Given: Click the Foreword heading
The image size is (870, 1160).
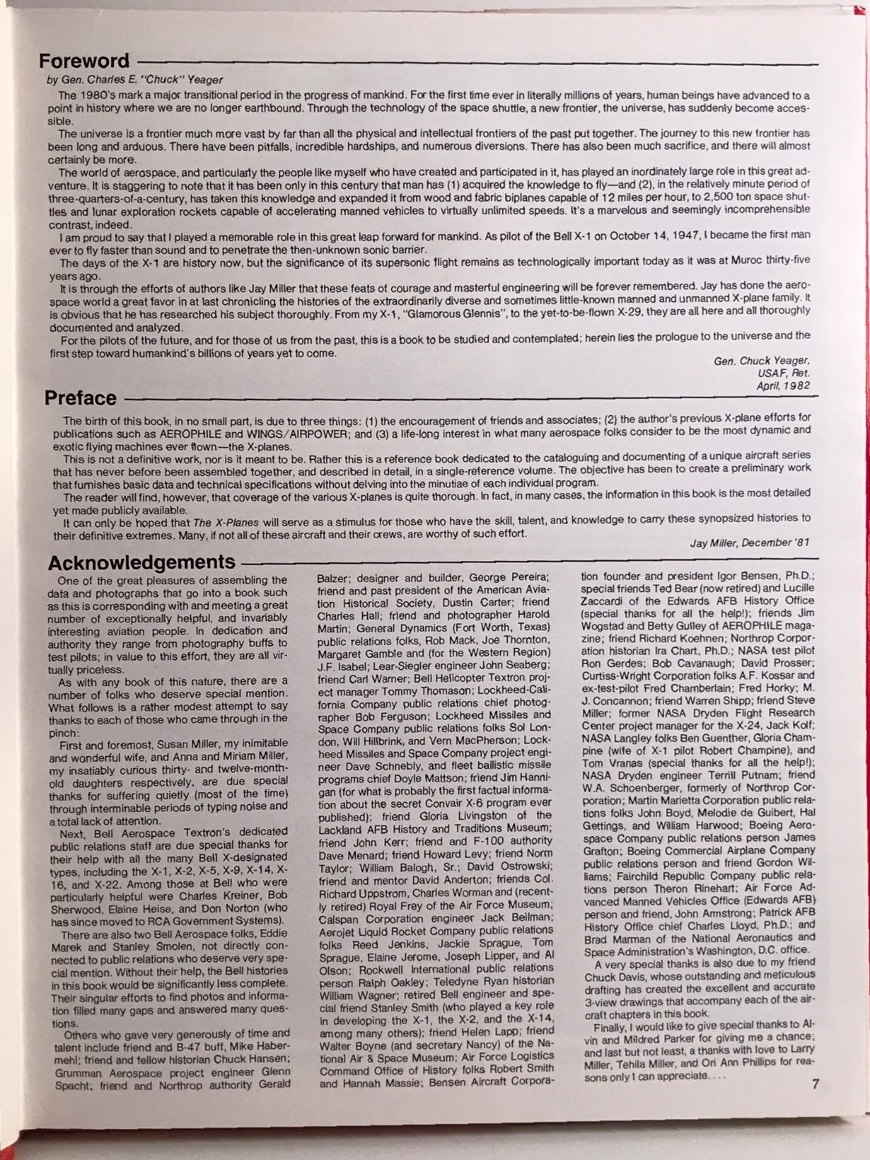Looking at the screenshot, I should (x=85, y=61).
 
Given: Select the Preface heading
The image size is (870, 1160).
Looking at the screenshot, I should (x=80, y=398).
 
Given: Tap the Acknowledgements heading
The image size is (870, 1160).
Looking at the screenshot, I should (x=140, y=562).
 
